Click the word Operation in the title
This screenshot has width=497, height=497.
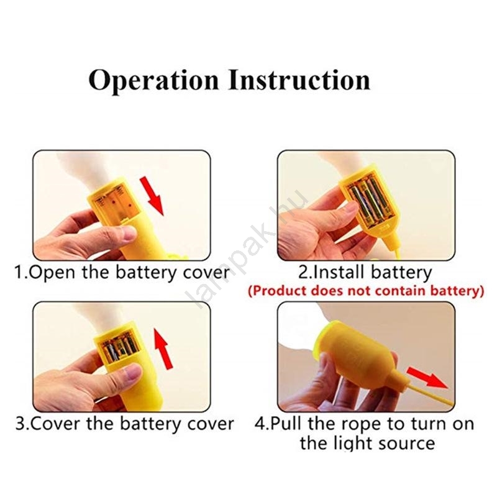[153, 81]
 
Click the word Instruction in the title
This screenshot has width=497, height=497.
[299, 80]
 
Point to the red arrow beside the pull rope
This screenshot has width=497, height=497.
[427, 378]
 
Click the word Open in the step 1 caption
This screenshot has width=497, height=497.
[52, 273]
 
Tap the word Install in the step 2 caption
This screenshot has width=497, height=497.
[337, 272]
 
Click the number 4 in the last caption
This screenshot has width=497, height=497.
[260, 424]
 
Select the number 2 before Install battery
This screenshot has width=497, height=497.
[303, 272]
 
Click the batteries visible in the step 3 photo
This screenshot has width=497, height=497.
[121, 348]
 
